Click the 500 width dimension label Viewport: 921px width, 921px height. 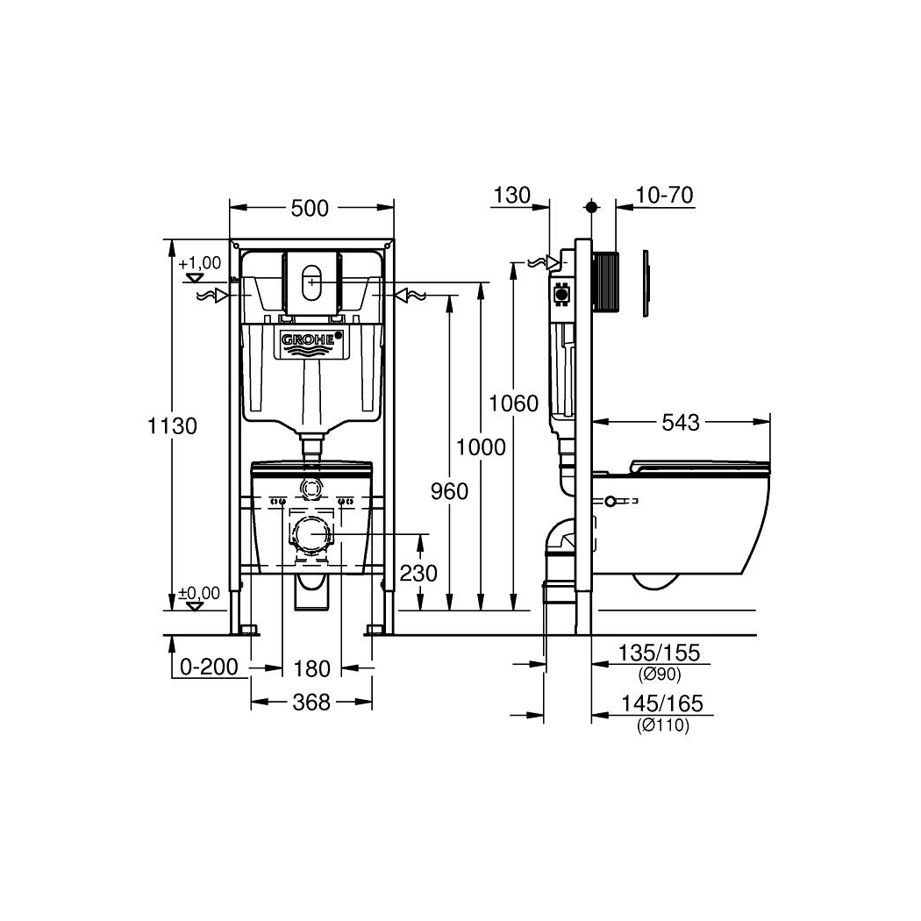coord(311,208)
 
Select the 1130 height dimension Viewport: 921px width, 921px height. coord(172,425)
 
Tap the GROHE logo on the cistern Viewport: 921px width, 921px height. coord(311,339)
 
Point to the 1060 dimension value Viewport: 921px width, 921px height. coord(513,403)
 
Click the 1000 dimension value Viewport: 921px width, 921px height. coord(481,447)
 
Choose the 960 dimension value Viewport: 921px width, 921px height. coord(449,491)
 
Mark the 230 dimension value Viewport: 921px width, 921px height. coord(418,573)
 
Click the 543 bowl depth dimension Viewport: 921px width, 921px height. coord(681,422)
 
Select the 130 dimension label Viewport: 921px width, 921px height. coord(511,195)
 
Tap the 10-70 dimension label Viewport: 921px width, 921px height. coord(664,195)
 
